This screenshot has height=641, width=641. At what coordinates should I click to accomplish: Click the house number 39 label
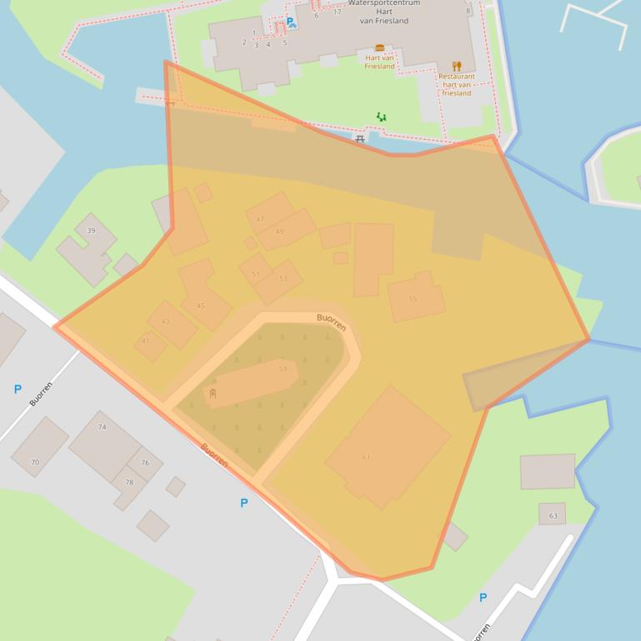click(x=91, y=231)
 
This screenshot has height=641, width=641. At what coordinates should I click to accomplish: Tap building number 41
click(x=145, y=340)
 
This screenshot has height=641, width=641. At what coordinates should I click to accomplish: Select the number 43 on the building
click(x=165, y=321)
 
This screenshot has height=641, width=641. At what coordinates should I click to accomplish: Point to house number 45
click(x=201, y=306)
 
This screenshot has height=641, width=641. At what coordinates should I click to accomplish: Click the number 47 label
click(x=260, y=220)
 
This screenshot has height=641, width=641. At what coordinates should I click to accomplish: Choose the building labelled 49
click(x=279, y=231)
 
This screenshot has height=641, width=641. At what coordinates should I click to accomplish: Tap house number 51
click(x=256, y=274)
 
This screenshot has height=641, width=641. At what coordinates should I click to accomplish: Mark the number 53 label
click(x=283, y=279)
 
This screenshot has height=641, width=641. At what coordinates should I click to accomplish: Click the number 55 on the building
click(x=413, y=299)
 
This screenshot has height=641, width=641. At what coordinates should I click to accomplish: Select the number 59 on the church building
click(x=283, y=369)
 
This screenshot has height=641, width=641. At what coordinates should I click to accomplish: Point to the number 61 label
click(x=366, y=457)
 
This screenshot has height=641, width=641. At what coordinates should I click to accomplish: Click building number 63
click(x=553, y=516)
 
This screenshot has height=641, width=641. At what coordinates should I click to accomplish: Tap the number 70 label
click(x=35, y=462)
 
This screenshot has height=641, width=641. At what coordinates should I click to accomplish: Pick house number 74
click(x=103, y=427)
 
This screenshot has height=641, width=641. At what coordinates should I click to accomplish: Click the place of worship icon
click(x=213, y=393)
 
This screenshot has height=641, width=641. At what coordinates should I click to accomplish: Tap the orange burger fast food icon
click(x=380, y=48)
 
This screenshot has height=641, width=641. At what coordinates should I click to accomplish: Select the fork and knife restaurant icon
click(x=456, y=66)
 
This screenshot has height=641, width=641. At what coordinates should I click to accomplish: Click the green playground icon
click(x=381, y=117)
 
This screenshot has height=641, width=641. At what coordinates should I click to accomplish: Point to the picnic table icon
click(x=360, y=140)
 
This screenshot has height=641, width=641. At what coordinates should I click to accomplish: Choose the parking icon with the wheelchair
click(x=291, y=23)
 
